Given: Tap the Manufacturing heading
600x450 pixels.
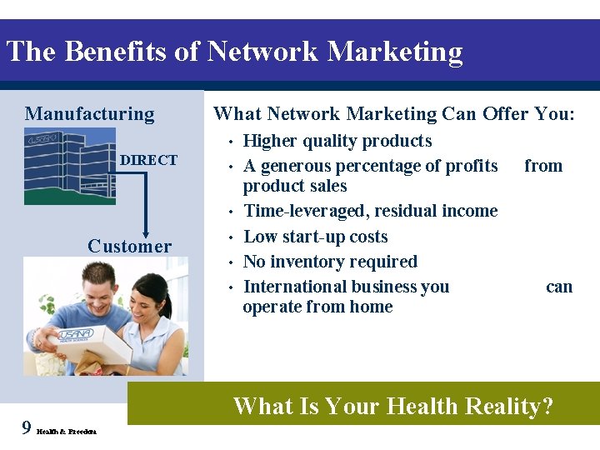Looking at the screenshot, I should tap(89, 114).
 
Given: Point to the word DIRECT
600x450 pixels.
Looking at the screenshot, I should tap(149, 160).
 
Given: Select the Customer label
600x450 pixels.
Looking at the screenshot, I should tap(129, 246).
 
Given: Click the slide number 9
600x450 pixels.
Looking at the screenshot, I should tap(27, 428).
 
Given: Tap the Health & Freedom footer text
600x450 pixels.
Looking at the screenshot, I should tap(67, 431).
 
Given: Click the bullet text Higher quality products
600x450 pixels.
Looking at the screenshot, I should tap(337, 141).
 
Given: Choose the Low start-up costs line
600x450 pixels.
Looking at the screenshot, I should tap(315, 237).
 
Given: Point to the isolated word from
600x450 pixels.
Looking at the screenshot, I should tap(543, 166).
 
